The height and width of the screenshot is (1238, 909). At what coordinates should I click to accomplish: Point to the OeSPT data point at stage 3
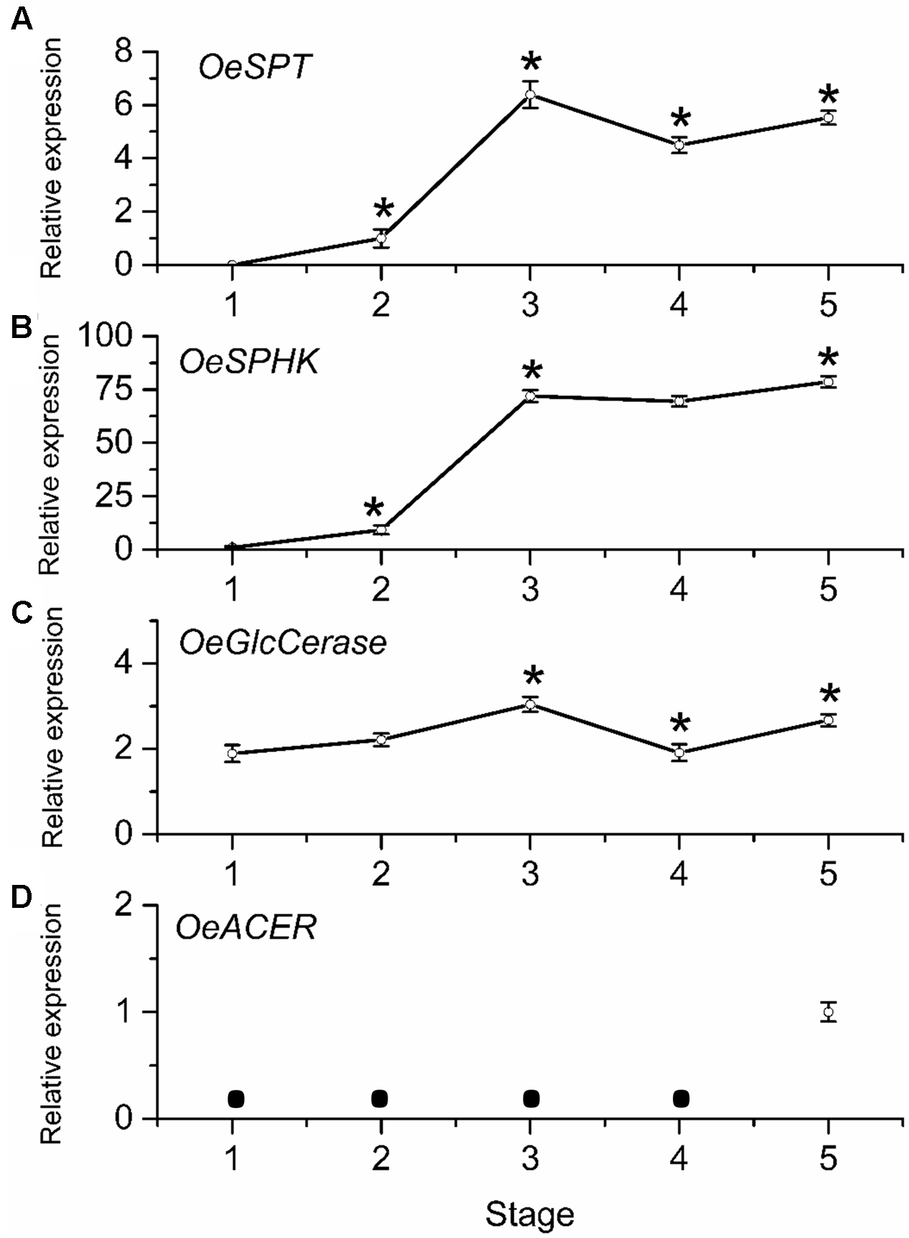coord(530,95)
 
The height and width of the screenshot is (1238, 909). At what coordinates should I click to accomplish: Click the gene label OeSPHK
coord(249,363)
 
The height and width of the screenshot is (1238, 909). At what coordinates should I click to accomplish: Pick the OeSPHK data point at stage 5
coord(829,382)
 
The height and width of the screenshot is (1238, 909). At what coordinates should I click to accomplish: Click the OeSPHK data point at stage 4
coord(679,401)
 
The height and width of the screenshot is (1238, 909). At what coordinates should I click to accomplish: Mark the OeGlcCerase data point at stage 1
coord(232,754)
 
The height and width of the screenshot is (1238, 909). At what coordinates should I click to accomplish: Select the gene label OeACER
coord(246,929)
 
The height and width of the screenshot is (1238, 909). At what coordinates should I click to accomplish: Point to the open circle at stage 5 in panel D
coord(829,1012)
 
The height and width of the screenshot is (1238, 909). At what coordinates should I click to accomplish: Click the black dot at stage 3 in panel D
coord(531,1098)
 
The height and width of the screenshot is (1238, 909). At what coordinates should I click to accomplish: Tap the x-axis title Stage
coord(530,1214)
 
